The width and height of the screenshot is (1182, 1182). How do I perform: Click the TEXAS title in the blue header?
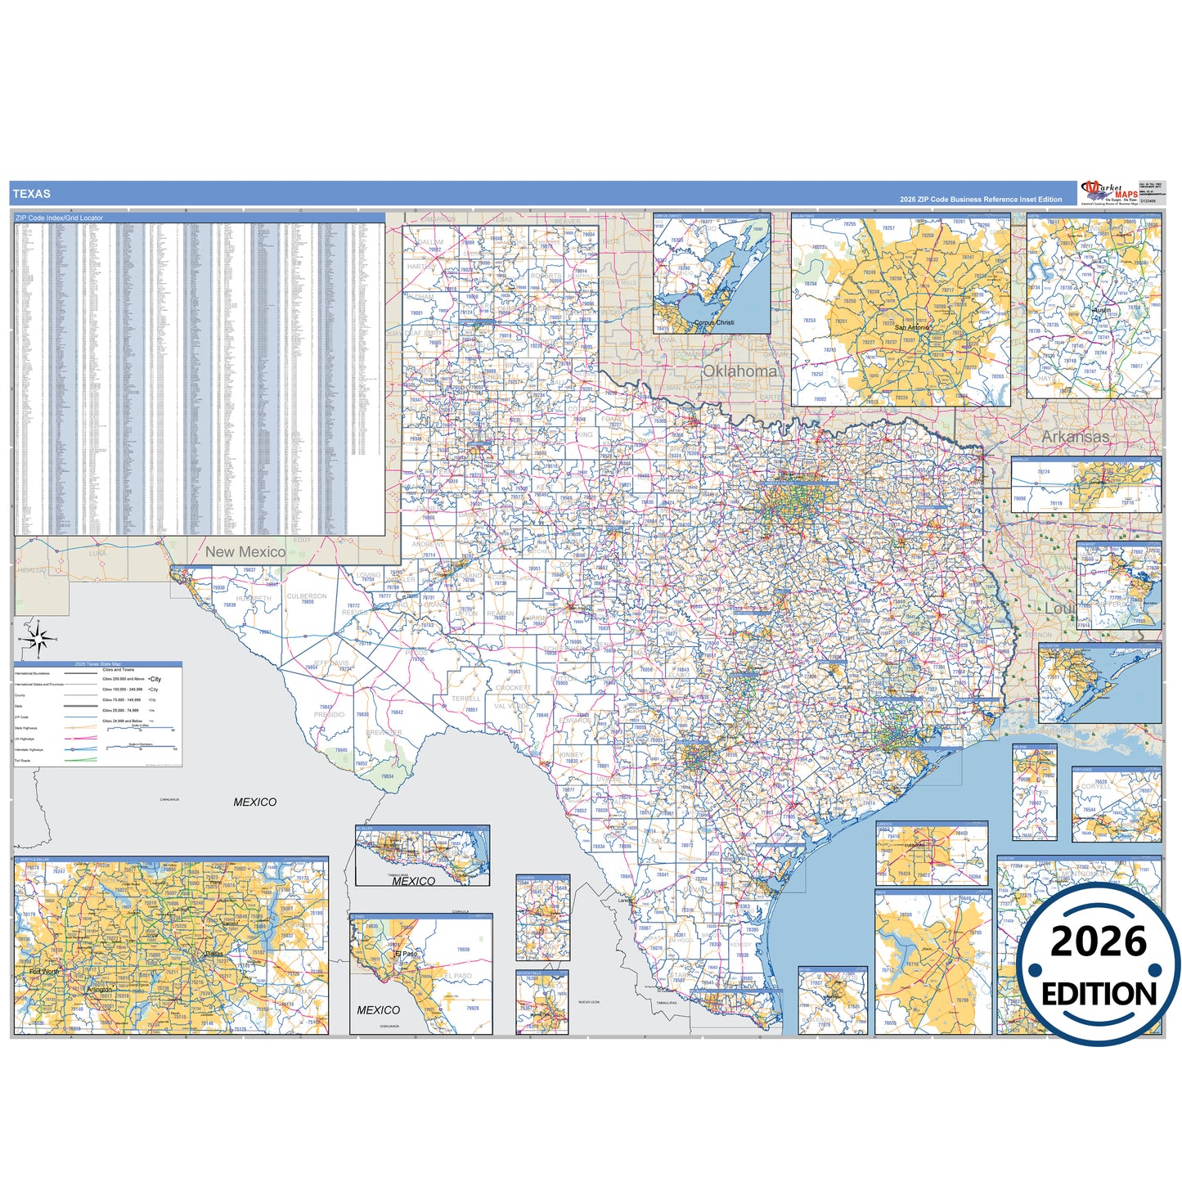click(31, 194)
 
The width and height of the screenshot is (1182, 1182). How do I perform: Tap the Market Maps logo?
click(1108, 192)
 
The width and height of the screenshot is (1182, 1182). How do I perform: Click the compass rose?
click(38, 638)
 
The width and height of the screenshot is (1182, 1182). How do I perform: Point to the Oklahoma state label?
click(739, 371)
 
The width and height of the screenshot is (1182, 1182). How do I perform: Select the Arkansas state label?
click(1075, 437)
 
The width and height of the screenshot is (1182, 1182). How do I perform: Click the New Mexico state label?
click(245, 552)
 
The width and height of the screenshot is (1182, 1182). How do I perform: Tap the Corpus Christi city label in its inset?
click(713, 322)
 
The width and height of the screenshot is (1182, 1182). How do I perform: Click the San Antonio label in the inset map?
click(911, 327)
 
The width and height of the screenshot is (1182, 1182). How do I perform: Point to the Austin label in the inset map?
click(1102, 311)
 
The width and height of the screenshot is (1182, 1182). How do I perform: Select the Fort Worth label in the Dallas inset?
click(44, 972)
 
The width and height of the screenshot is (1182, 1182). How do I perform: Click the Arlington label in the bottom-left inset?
click(99, 990)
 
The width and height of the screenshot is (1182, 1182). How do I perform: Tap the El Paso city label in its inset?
click(406, 954)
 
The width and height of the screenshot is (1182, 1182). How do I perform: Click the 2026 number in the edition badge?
click(1099, 942)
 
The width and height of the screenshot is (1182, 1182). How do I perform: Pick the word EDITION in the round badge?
click(1099, 994)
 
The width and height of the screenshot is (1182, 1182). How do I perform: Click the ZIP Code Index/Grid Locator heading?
click(59, 218)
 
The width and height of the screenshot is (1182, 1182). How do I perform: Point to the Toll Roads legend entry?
click(23, 760)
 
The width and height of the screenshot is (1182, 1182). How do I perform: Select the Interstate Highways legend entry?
click(29, 749)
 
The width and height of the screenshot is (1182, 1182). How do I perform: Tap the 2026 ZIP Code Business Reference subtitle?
click(980, 200)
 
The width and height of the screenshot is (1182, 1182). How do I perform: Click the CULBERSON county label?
click(307, 596)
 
